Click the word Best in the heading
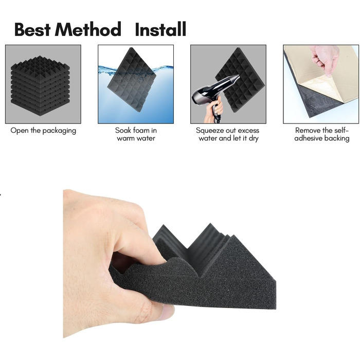(x=32, y=29)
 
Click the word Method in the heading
(x=88, y=29)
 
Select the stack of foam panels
(x=40, y=86)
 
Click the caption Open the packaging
(x=43, y=131)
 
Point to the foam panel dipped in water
(x=132, y=80)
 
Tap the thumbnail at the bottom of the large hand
(x=168, y=312)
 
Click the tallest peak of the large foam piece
(x=210, y=223)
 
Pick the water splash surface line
(x=136, y=69)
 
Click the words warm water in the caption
(x=136, y=138)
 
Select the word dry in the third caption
(x=254, y=138)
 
